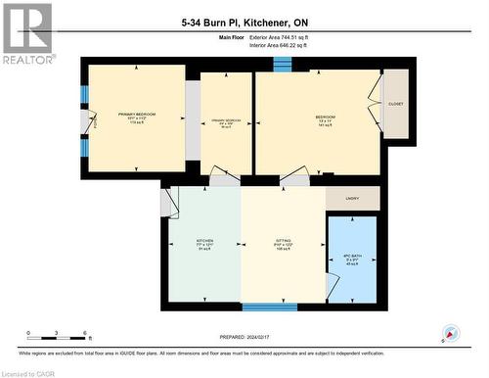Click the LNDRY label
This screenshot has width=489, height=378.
click(x=352, y=199)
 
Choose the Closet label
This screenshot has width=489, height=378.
click(x=395, y=103)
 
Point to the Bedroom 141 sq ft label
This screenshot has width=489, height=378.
click(x=326, y=120)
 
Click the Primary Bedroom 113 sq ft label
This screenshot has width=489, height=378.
click(x=137, y=118)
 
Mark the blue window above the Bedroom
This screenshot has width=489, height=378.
click(x=283, y=65)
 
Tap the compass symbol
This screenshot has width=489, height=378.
click(x=451, y=333)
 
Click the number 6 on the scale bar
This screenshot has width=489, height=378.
click(x=86, y=333)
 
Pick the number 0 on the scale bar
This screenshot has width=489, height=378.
click(x=29, y=333)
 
